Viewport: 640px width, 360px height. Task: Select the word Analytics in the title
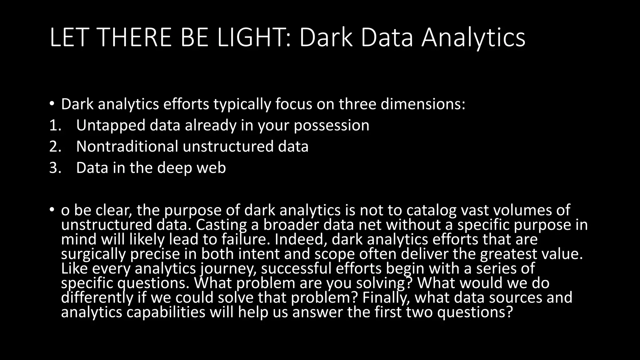point(473,38)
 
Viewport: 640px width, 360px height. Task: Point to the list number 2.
point(55,147)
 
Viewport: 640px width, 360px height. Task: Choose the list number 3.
point(55,168)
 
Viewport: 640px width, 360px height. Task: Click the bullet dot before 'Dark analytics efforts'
point(52,104)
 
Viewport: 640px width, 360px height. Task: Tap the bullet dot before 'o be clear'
point(52,210)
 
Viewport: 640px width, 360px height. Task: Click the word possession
point(332,125)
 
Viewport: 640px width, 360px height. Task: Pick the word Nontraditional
point(127,147)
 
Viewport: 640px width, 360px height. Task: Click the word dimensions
point(422,104)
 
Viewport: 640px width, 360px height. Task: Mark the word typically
point(242,104)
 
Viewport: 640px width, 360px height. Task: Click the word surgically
point(93,254)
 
